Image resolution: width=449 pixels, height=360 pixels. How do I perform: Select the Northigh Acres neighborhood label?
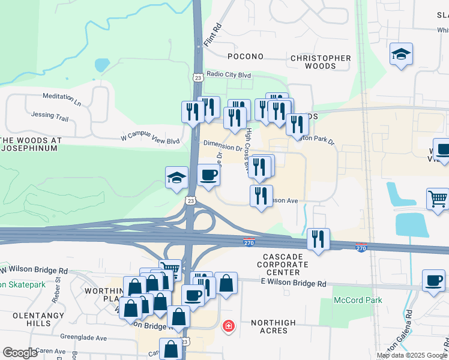(273, 327)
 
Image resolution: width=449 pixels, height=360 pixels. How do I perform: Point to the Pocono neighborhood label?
(246, 56)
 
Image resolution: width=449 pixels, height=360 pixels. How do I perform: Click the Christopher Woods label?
(321, 62)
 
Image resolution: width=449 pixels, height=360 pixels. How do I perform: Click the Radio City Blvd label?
(228, 74)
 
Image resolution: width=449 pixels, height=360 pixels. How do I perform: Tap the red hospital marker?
(228, 326)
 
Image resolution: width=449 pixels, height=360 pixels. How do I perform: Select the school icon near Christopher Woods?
(401, 55)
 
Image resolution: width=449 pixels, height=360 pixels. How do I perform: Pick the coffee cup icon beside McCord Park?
(433, 280)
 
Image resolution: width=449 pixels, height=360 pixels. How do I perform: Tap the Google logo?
(20, 353)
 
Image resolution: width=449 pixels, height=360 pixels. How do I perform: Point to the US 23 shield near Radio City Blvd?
(197, 77)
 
